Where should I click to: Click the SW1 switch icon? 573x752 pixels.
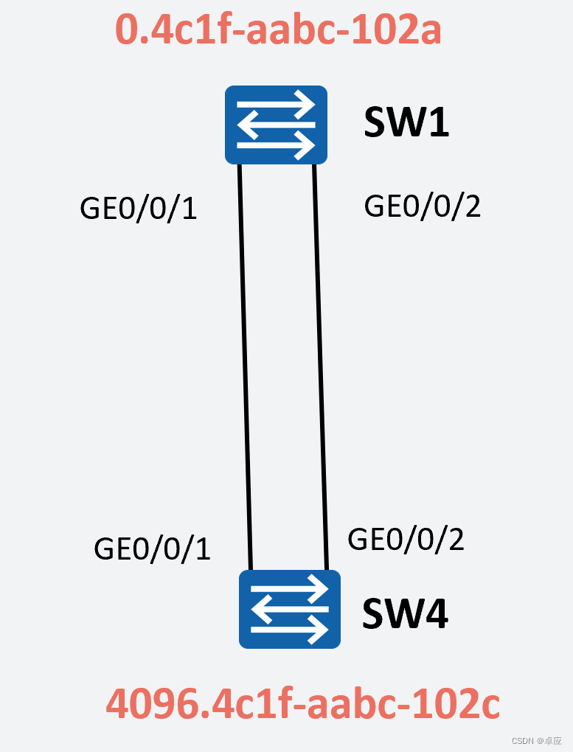(276, 125)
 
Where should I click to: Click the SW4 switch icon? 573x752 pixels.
(290, 609)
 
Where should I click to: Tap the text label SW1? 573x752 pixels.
(406, 123)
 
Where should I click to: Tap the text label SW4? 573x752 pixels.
(405, 614)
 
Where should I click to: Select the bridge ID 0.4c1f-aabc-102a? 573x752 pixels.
(278, 31)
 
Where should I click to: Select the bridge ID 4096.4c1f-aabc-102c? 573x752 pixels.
(303, 705)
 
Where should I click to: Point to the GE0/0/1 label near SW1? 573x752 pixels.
(138, 209)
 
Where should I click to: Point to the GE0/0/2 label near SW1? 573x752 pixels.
(423, 206)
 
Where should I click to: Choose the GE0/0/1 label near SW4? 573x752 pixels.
(152, 549)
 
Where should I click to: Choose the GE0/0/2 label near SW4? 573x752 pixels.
(406, 540)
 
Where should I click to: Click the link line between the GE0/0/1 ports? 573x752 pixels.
(246, 369)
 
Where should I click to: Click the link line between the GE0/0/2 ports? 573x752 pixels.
(321, 369)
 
